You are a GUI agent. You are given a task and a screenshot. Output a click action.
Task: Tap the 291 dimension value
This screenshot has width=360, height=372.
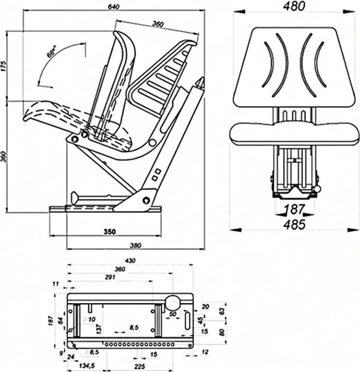pyautogui.click(x=109, y=278)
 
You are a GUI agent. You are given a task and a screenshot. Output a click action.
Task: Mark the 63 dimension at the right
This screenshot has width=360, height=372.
pyautogui.click(x=222, y=312)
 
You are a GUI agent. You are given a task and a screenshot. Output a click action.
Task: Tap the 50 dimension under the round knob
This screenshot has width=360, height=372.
pyautogui.click(x=173, y=314)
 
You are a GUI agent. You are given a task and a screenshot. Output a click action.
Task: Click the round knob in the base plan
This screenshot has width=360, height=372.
pyautogui.click(x=172, y=303)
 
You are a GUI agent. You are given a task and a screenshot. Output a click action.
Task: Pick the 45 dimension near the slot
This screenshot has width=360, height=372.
pyautogui.click(x=201, y=320)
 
